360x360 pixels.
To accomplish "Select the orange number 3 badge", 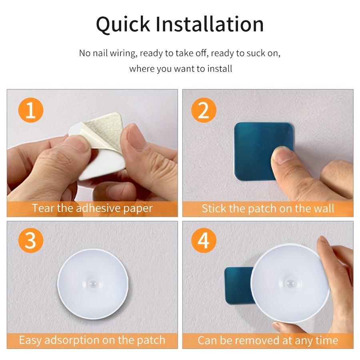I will [30, 241].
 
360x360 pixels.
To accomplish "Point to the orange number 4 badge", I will [204, 241].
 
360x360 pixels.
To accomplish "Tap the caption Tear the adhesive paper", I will [92, 208].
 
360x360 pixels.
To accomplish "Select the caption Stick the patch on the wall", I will [268, 208].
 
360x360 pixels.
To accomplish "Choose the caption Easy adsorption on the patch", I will [92, 340].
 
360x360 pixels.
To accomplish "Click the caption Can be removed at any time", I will [268, 340].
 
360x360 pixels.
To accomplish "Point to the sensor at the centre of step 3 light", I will [92, 283].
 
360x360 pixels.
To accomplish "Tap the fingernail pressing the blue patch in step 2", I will [282, 154].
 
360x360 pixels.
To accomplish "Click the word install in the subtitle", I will [219, 68].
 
